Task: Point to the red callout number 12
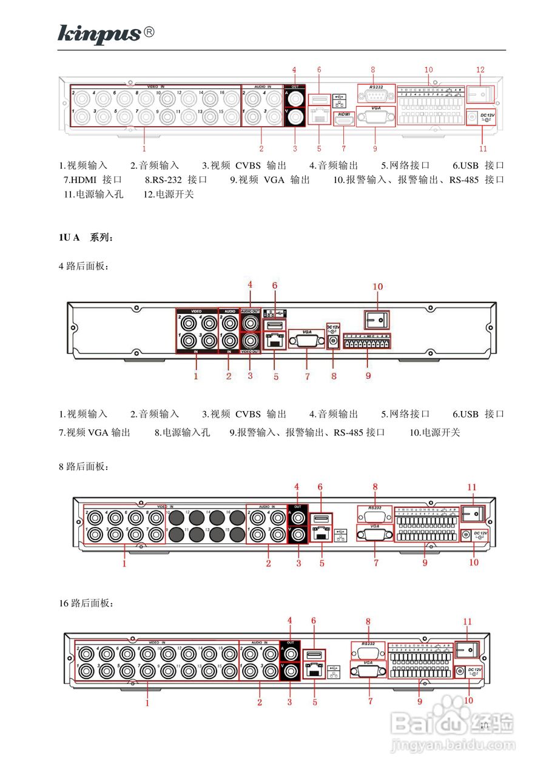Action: tap(480, 70)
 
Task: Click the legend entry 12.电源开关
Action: tap(169, 195)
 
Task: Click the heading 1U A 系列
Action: tap(86, 238)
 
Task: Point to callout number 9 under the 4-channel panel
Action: tap(368, 376)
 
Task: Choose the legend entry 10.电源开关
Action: tap(434, 432)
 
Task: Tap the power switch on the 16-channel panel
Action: tap(467, 649)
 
